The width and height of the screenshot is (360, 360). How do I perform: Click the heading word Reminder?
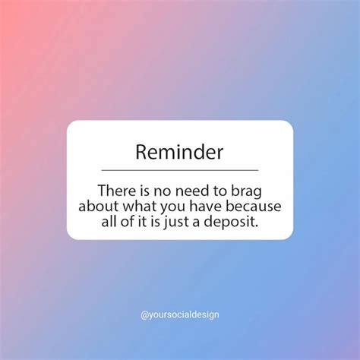pos(179,152)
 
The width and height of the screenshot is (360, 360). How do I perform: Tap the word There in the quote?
pos(116,191)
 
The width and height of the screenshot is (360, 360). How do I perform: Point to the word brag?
pos(246,192)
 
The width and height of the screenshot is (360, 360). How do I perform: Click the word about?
pos(99,206)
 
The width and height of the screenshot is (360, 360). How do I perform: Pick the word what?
pos(139,206)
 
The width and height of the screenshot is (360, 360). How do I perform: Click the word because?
pos(253,206)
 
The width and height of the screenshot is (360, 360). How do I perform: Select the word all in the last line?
pos(109,221)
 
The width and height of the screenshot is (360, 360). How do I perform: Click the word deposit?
pos(228,223)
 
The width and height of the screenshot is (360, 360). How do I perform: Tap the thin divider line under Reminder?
pos(180,170)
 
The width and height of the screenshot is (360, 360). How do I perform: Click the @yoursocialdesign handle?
pos(180,315)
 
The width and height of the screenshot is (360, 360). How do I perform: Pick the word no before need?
pos(163,192)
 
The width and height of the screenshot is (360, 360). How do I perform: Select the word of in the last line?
pos(127,221)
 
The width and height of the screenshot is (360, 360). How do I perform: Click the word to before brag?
pos(220,191)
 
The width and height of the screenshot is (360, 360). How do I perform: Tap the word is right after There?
pos(144,191)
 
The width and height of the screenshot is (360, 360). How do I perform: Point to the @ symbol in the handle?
pos(144,315)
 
